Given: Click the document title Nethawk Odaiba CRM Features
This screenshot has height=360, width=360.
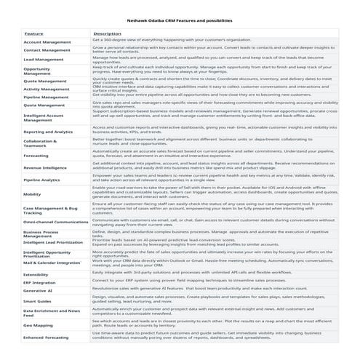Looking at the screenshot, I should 180,22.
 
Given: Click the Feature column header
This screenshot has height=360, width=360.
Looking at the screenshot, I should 33,33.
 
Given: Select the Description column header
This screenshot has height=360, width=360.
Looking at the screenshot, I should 107,33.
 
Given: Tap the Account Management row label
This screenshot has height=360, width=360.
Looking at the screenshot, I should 47,42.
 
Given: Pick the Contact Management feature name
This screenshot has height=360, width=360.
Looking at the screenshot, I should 47,51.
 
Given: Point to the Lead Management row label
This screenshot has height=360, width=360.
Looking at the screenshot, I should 44,60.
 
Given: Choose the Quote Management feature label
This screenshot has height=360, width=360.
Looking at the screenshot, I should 45,81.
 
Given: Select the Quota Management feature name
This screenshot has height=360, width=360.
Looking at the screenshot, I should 45,105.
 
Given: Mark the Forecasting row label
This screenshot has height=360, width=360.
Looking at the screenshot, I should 36,156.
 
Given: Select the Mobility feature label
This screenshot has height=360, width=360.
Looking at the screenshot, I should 32,194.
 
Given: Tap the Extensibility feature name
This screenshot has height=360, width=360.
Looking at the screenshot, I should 38,274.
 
